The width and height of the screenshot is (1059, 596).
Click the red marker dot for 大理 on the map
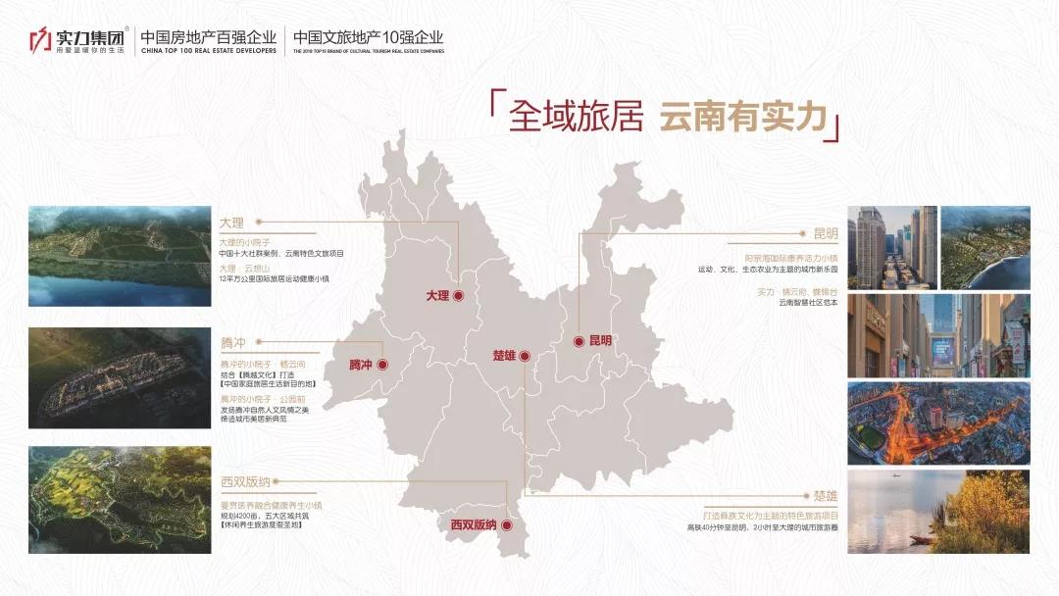point(458,294)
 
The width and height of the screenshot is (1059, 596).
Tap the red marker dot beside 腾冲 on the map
point(383,365)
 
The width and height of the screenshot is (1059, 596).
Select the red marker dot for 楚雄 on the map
point(525,355)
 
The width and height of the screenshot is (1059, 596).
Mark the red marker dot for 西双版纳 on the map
point(507,525)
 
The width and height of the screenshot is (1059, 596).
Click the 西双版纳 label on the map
point(474,525)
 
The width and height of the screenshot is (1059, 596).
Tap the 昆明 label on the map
point(600,341)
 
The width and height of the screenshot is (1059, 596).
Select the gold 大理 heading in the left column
point(230,223)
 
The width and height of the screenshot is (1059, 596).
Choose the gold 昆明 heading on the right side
point(826,234)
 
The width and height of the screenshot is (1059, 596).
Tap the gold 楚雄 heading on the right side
point(826,497)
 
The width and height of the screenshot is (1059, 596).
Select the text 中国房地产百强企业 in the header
point(210,35)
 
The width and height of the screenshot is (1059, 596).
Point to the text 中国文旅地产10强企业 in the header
point(369,35)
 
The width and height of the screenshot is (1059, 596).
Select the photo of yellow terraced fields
point(120,499)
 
